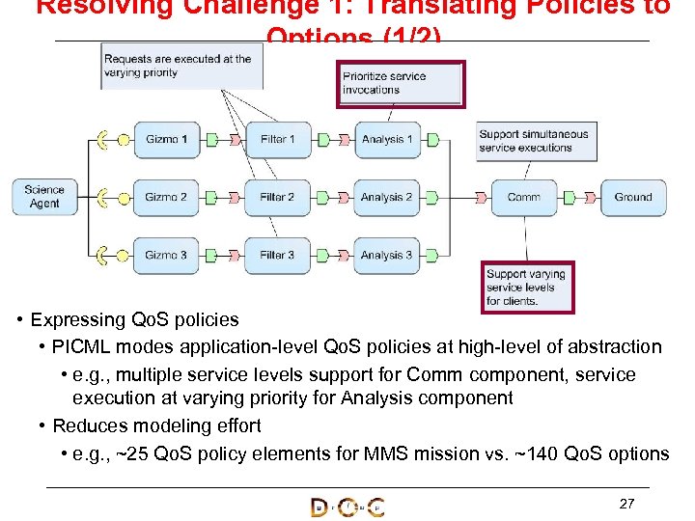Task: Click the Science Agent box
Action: point(44,197)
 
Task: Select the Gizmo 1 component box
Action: point(166,140)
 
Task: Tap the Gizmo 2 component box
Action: point(166,198)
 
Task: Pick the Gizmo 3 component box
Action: point(166,256)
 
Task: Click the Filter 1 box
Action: point(278,140)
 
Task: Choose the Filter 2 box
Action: point(278,198)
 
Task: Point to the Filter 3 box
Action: point(278,256)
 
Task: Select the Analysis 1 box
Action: point(387,140)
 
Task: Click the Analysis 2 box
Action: point(387,198)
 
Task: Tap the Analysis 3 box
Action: point(387,256)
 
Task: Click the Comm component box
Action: point(524,198)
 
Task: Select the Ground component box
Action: point(633,198)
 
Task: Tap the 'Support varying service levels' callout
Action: point(527,288)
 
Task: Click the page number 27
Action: point(626,504)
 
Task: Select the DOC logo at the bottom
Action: point(347,507)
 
